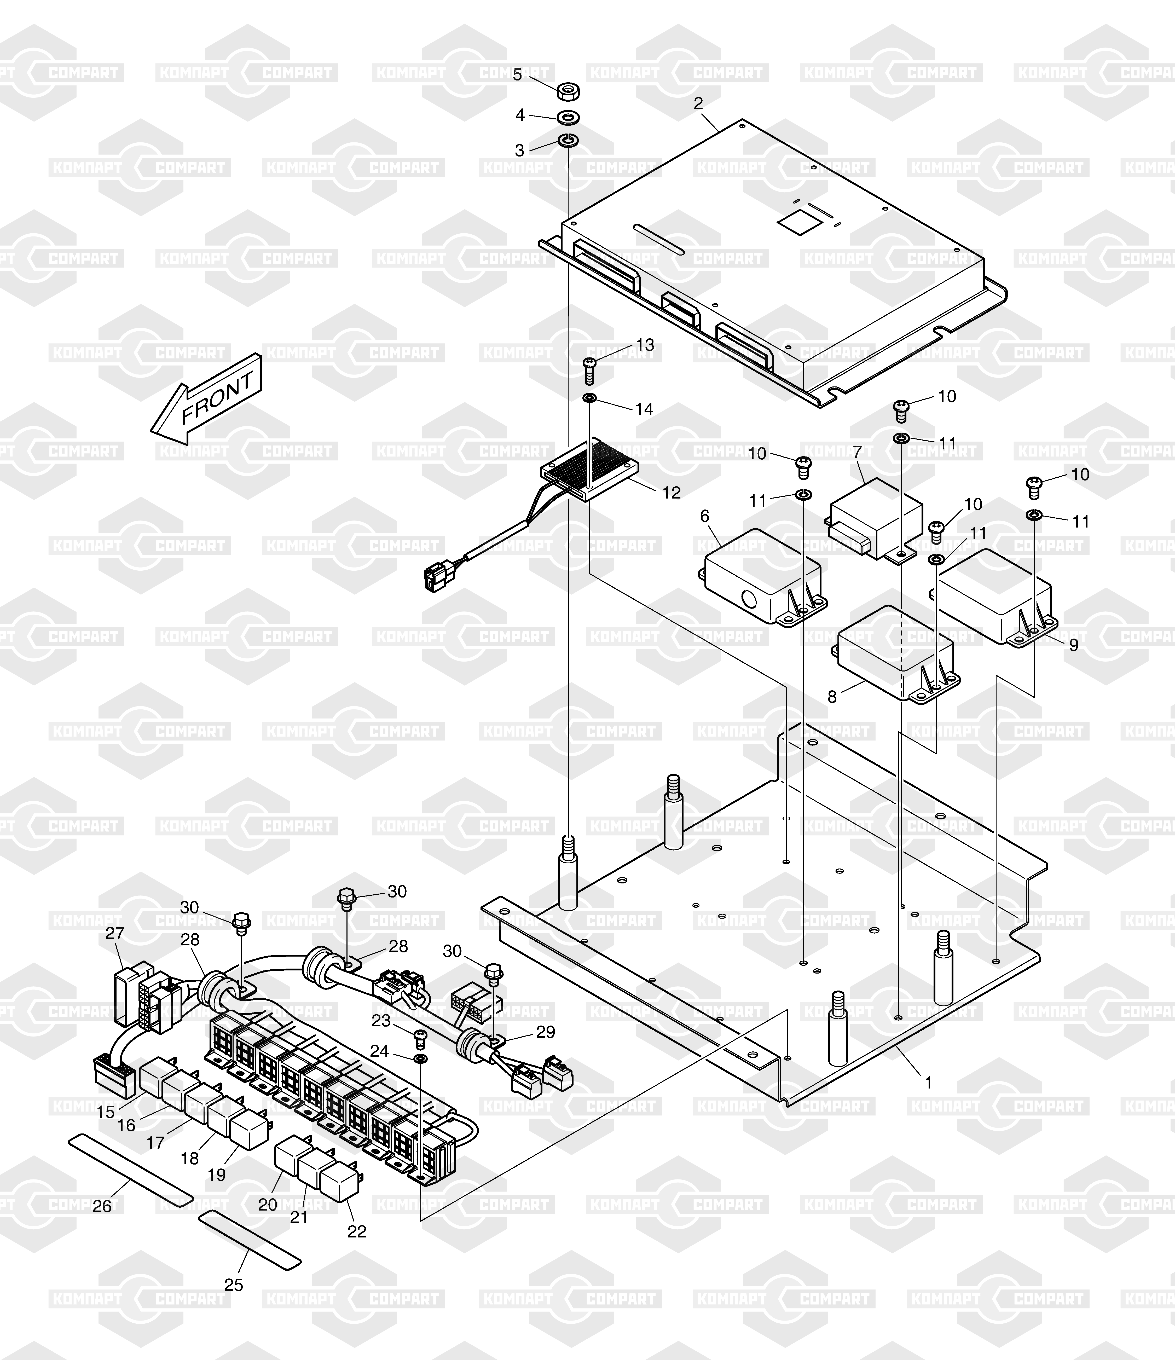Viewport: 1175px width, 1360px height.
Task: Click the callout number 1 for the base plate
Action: pos(928,1082)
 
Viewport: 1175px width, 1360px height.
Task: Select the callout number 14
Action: pos(644,409)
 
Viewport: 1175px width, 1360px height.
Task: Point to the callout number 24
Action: pos(379,1051)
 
